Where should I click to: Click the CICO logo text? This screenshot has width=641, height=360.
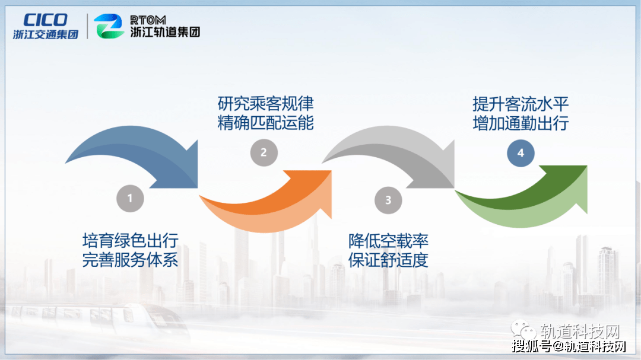coord(45,20)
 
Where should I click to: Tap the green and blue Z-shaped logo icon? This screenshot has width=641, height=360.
coord(109,26)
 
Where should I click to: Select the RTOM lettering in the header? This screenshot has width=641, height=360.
coord(148,20)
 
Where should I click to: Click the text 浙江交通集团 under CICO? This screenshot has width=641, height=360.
coord(45,34)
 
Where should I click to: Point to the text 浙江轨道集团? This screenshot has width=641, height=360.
coord(165,32)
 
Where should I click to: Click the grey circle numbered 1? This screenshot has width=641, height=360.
coord(130,199)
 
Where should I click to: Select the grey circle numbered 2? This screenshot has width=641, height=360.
coord(264,153)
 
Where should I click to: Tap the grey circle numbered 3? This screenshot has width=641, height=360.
coord(388,200)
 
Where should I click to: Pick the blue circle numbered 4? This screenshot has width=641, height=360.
coord(521,153)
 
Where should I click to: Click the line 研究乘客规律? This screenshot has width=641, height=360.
coord(265,104)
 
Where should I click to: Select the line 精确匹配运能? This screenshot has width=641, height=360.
coord(265,123)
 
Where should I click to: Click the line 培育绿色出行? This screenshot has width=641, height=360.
coord(131,241)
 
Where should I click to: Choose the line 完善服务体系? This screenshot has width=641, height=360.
coord(131,260)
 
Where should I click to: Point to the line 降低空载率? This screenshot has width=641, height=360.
coord(388,241)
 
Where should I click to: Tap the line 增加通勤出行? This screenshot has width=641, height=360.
coord(521,123)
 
